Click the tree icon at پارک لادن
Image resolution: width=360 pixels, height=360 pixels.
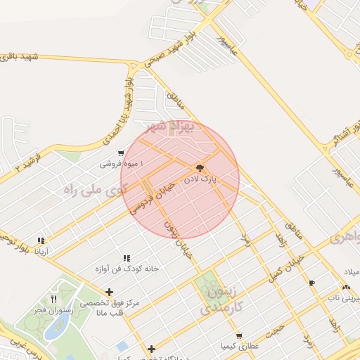coord(200,168)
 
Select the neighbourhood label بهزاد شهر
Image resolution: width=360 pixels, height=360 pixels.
coord(167,127)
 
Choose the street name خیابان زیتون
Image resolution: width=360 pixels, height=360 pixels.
coord(178,238)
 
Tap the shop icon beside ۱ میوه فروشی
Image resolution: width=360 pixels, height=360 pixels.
coord(122,153)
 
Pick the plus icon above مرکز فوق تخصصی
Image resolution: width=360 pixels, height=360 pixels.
coord(109,292)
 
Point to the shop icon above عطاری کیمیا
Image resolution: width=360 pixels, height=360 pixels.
coord(240,336)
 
